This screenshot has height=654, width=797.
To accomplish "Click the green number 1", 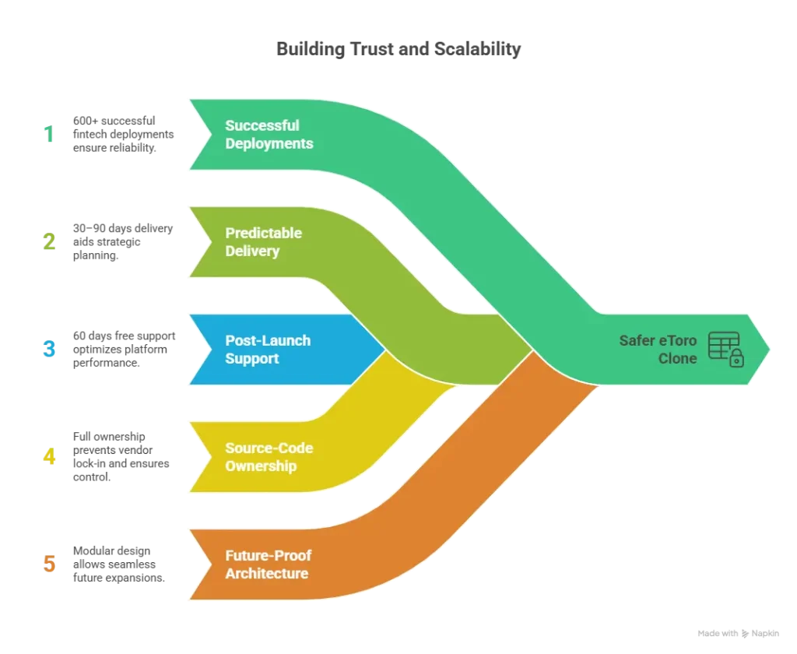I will point(50,134).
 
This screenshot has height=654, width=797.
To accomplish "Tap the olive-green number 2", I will point(48,242).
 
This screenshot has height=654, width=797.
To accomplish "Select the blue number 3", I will point(49,350).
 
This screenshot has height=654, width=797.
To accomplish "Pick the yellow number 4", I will point(49,456).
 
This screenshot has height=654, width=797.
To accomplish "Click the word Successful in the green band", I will point(262,125).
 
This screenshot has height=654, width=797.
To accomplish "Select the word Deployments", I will point(269,143).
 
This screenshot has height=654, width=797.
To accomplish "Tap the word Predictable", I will point(263,233).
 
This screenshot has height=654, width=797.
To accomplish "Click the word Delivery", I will point(252,251).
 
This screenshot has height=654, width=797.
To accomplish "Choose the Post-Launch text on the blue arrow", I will point(268,340).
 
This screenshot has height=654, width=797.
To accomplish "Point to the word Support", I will point(251,358).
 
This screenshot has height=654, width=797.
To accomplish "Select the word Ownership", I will point(261,466).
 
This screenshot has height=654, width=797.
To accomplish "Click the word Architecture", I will point(266,574).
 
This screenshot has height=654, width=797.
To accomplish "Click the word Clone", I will point(677,358).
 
